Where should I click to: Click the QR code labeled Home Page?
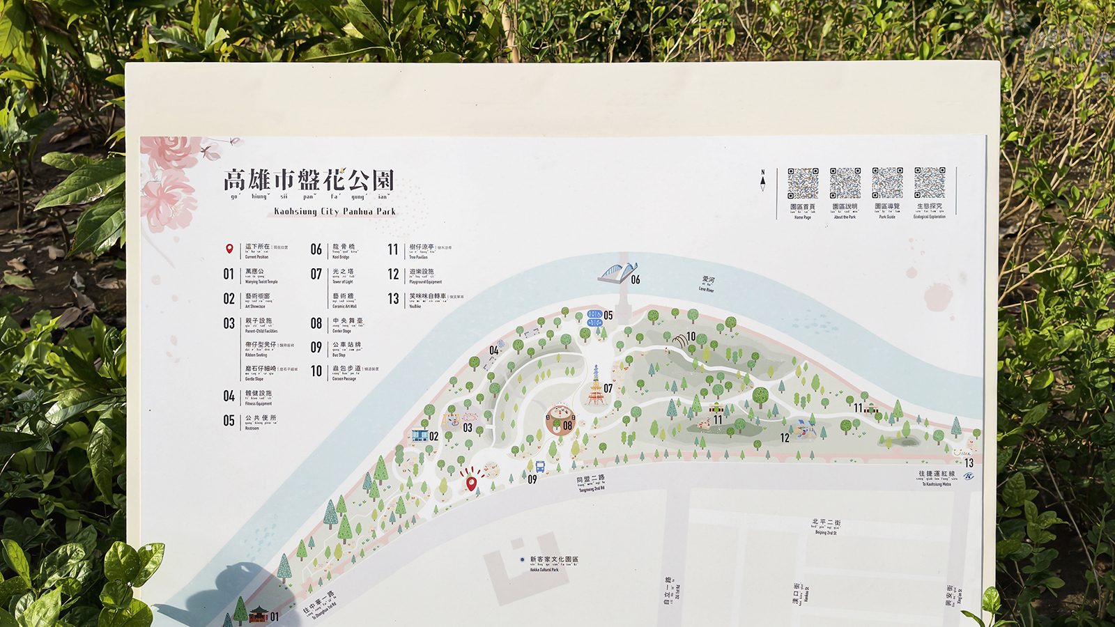(x=803, y=183)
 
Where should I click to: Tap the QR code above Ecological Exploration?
(x=930, y=183)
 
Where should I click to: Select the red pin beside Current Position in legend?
(x=229, y=249)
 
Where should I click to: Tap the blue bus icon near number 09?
(x=540, y=467)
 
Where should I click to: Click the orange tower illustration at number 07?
(x=594, y=386)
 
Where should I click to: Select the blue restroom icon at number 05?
(x=594, y=318)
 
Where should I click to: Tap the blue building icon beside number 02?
(x=420, y=435)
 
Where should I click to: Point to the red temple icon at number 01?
(x=259, y=614)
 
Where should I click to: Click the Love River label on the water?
(x=707, y=284)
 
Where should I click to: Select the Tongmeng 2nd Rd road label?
(x=591, y=483)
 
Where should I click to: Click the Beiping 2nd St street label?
(x=826, y=526)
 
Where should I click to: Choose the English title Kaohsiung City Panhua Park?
(x=334, y=211)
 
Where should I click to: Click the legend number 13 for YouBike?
(x=394, y=299)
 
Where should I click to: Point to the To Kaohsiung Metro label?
(x=937, y=479)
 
